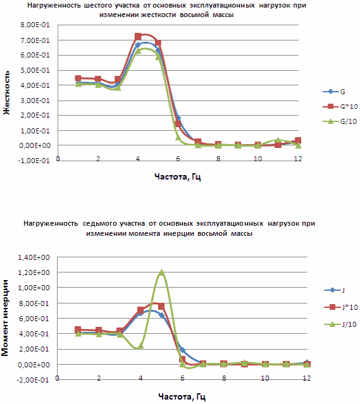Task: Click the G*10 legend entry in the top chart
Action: (340, 106)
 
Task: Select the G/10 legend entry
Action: (340, 121)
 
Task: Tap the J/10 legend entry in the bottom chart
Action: (340, 324)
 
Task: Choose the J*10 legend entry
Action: (340, 307)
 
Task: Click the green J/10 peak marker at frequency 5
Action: (161, 272)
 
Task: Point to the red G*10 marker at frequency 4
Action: (138, 36)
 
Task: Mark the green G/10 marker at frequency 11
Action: (278, 140)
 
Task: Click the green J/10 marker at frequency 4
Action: (140, 345)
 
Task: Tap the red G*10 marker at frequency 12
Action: (298, 140)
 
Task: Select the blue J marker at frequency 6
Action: (182, 350)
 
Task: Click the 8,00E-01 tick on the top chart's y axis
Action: (35, 25)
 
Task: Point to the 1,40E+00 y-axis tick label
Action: (34, 257)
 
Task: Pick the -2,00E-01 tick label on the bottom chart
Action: (32, 380)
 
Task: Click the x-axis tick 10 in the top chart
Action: (258, 159)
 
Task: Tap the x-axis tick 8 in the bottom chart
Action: (224, 378)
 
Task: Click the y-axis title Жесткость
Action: (6, 92)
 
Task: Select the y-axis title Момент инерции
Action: (5, 318)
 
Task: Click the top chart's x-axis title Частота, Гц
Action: (178, 176)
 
